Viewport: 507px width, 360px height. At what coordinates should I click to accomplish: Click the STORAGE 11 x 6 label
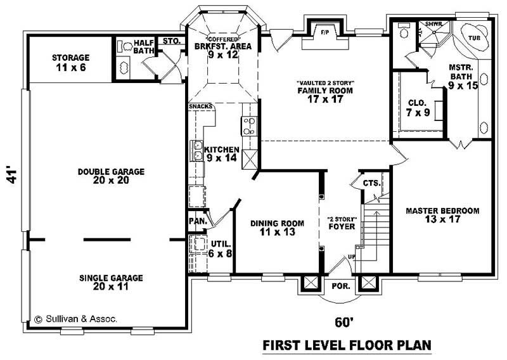point(70,62)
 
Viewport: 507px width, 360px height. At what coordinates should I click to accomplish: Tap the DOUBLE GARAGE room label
point(112,176)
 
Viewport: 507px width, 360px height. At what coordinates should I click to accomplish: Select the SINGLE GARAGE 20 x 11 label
point(112,282)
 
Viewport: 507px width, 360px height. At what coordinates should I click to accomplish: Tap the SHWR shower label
point(433,24)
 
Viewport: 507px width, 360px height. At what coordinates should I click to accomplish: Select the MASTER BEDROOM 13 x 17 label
point(442,215)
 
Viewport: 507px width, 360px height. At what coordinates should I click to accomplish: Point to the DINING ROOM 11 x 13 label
point(277,228)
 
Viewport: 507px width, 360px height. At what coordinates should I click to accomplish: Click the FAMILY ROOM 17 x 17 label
point(324,94)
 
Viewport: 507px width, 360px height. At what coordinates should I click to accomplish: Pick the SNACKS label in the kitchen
point(200,106)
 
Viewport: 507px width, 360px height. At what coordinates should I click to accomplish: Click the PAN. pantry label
point(196,221)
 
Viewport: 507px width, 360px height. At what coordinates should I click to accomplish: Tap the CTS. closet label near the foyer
point(371,184)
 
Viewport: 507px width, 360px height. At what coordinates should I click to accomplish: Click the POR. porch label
point(341,286)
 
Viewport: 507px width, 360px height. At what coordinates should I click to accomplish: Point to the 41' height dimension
point(10,176)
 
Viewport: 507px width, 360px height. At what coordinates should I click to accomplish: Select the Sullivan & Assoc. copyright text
point(75,320)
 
